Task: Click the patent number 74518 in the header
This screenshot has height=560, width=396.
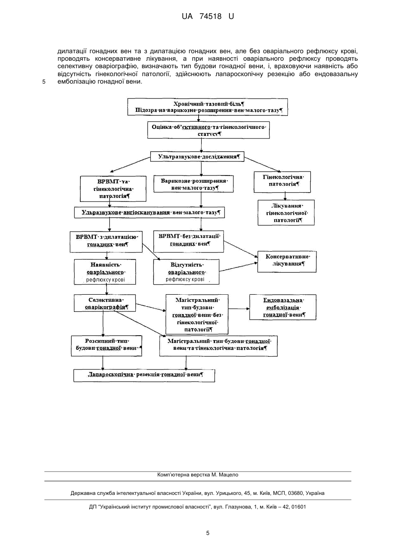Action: [211, 16]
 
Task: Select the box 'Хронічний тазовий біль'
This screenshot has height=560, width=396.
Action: [207, 107]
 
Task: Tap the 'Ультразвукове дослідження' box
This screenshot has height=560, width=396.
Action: [197, 157]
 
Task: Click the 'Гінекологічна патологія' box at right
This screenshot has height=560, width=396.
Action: [282, 182]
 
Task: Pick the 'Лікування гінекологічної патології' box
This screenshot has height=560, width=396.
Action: [286, 212]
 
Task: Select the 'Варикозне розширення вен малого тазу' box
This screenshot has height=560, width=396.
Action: [194, 184]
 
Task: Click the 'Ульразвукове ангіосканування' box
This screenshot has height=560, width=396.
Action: [149, 212]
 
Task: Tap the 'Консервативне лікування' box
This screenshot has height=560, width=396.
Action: [287, 261]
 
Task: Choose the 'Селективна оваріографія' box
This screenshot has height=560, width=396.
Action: [105, 303]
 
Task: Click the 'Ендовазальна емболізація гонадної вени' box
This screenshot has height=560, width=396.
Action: [283, 307]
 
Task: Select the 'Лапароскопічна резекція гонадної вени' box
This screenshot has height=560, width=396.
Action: [144, 375]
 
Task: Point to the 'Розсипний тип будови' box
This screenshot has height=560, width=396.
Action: [107, 346]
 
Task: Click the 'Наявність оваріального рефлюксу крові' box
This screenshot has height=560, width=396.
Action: [105, 272]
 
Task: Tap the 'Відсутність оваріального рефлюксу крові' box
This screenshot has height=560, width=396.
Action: [186, 272]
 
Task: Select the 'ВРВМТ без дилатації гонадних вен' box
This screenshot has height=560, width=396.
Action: [189, 241]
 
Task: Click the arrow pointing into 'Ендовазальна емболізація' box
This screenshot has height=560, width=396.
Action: [239, 308]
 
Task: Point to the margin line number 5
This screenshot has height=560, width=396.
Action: [44, 82]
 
